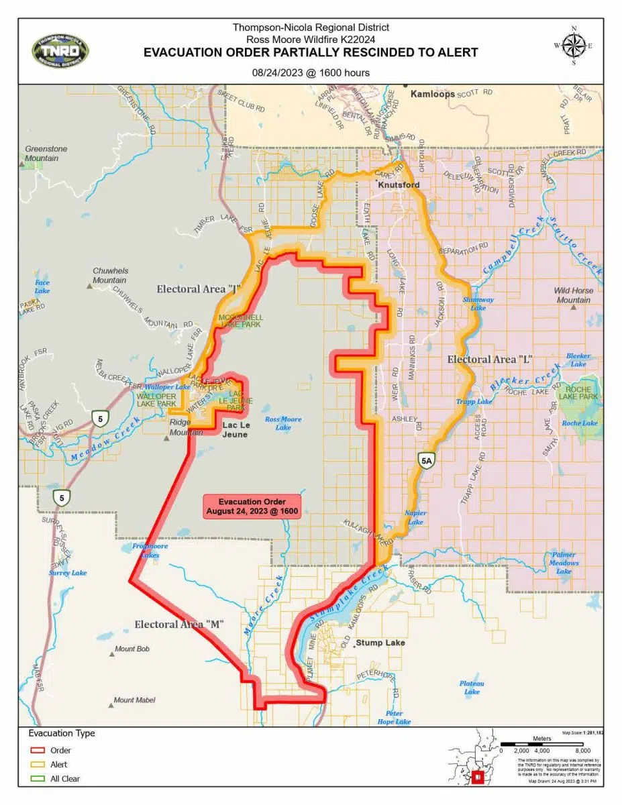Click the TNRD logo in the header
click(x=60, y=51)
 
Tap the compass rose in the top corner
click(x=574, y=45)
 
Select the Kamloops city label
click(x=433, y=95)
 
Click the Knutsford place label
click(x=397, y=184)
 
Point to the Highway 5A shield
click(x=426, y=460)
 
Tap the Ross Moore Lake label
click(x=283, y=423)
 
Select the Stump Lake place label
click(x=380, y=643)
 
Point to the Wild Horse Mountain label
click(x=573, y=295)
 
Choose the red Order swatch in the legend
click(x=37, y=750)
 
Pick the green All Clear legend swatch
click(x=37, y=779)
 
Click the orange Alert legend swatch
click(x=37, y=764)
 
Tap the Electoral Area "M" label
click(x=178, y=625)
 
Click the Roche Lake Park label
click(x=578, y=392)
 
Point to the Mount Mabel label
click(x=134, y=700)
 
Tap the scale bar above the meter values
click(x=544, y=744)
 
